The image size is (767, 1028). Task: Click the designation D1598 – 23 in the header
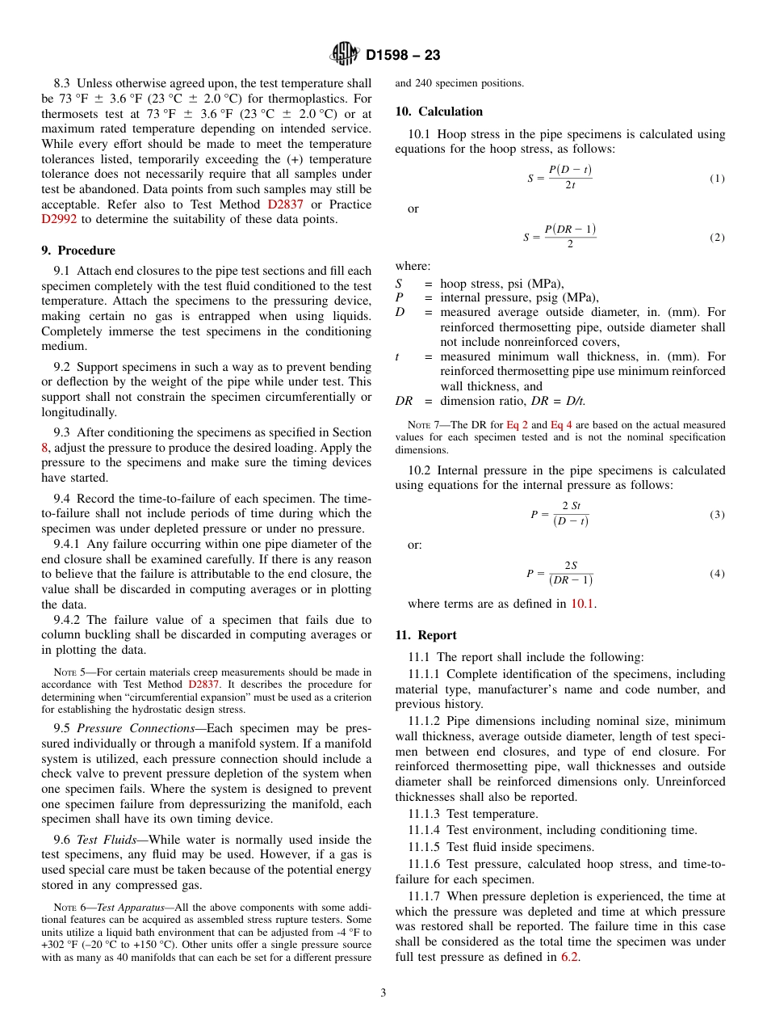[x=403, y=56]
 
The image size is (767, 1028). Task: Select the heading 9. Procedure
[x=78, y=251]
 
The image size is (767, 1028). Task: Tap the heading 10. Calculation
[x=438, y=112]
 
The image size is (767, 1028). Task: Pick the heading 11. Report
[x=426, y=635]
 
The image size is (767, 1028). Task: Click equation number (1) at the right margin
[x=717, y=179]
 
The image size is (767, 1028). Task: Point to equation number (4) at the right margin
[x=717, y=574]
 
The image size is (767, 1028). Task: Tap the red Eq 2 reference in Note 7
[x=517, y=425]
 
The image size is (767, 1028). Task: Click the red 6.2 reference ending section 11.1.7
[x=569, y=957]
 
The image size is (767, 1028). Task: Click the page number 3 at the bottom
[x=383, y=993]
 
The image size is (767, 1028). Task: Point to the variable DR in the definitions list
[x=404, y=402]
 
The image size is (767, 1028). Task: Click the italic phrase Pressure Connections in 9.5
[x=140, y=728]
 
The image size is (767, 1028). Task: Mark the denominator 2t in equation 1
[x=569, y=186]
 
